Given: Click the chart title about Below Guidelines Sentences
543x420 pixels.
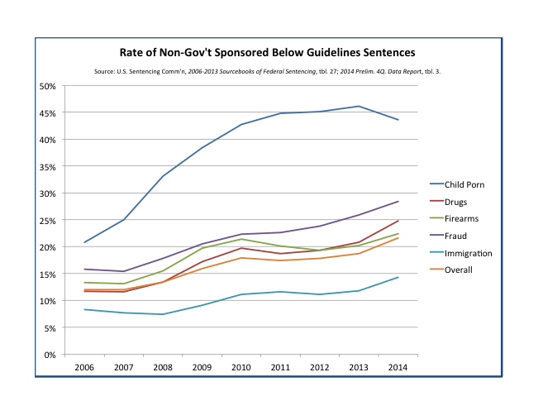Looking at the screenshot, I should pos(267,53).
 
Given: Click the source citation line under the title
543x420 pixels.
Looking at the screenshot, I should pos(267,71).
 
